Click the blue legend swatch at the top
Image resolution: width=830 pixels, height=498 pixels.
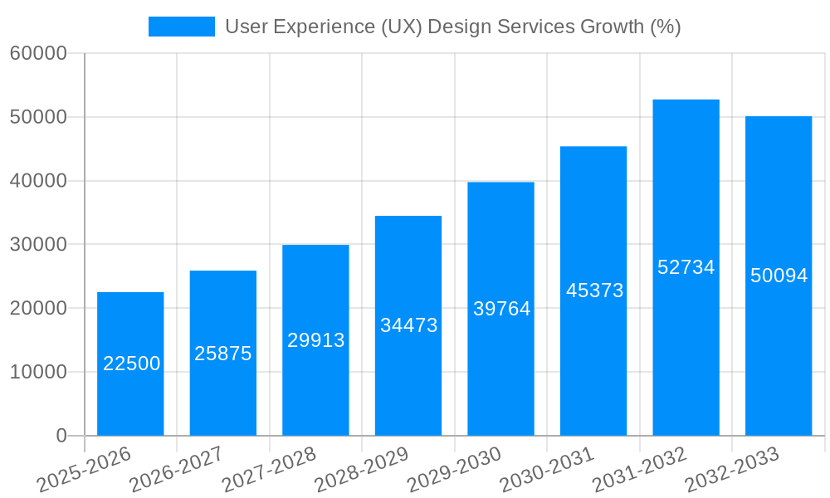(181, 27)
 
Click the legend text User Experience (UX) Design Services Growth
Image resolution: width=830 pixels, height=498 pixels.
(452, 27)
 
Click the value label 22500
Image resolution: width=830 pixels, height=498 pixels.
(132, 364)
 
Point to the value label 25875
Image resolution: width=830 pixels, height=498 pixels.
(223, 354)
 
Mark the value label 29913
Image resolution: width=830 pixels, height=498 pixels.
(316, 340)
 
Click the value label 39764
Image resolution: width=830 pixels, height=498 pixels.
(501, 309)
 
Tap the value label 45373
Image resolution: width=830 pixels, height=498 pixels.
(594, 290)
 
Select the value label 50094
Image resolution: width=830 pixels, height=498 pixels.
(779, 276)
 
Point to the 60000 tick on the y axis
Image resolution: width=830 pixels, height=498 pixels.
(38, 54)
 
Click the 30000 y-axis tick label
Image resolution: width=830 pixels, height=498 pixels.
(38, 245)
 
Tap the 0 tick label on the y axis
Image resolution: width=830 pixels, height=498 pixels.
(61, 436)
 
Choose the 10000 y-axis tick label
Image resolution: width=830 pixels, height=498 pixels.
(38, 372)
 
